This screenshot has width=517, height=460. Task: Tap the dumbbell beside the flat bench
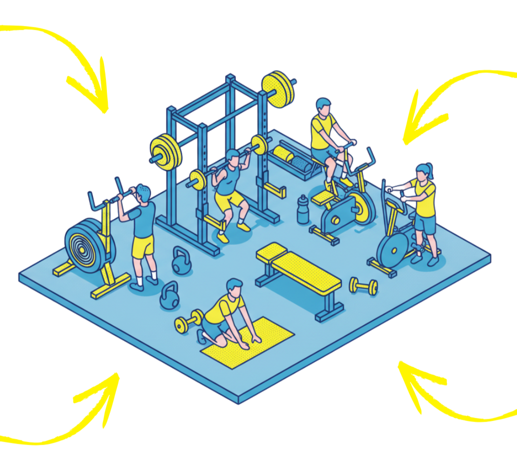(x=363, y=286)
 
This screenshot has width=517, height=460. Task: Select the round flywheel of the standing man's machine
(x=84, y=243)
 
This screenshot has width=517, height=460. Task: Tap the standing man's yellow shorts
(x=142, y=246)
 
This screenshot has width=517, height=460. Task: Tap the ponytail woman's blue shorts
(x=426, y=224)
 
